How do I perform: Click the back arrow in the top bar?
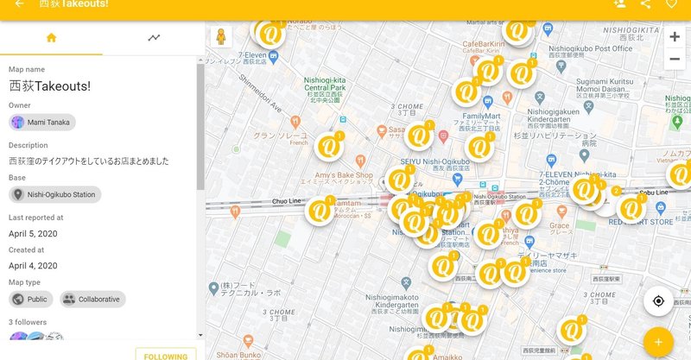coord(19,4)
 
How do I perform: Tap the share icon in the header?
coord(645,4)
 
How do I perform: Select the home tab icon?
coord(51,38)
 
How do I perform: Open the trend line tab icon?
coord(154,38)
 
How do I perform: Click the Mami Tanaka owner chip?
coord(42,123)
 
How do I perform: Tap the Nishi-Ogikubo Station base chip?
coord(54,194)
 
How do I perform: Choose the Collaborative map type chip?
coord(92,300)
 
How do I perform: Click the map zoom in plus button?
coord(675,37)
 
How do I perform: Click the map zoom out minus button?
coord(675,59)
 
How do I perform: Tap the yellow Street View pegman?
coord(222,38)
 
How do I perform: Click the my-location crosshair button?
coord(658,301)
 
